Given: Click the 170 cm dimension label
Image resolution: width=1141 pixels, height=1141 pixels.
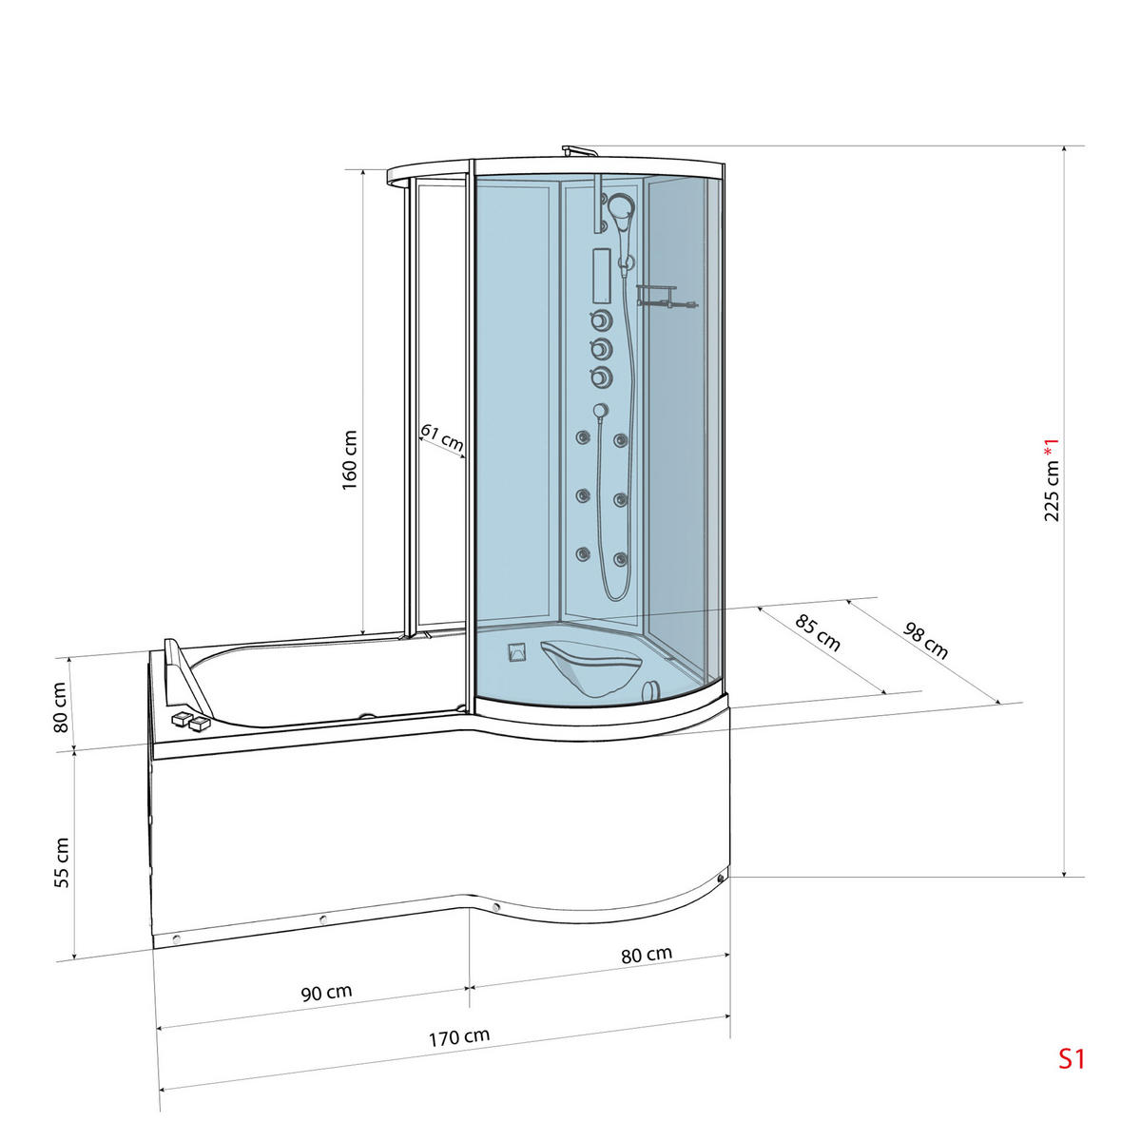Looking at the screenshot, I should (x=458, y=1036).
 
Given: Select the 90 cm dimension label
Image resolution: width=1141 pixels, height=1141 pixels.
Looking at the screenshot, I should (x=326, y=993).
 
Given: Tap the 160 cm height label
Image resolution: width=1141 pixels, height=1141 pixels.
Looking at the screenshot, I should (x=350, y=459).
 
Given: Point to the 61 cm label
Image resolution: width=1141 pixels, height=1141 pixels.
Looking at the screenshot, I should (x=441, y=438).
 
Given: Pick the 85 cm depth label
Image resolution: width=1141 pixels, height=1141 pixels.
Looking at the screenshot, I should (x=818, y=633).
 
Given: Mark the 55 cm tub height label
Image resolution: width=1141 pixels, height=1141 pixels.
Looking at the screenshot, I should (x=62, y=861).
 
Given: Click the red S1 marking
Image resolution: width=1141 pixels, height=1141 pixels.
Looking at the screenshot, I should (x=1072, y=1058).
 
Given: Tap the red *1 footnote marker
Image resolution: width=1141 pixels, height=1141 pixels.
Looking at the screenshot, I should (x=1051, y=446).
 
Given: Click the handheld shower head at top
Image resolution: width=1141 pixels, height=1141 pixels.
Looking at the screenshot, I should (x=620, y=211).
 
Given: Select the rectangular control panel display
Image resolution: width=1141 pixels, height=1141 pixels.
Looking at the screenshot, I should (x=600, y=274).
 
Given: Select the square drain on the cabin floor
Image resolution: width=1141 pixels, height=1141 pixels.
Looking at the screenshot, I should (x=517, y=653).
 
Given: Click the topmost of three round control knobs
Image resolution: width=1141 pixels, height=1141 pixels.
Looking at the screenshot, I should (x=600, y=319).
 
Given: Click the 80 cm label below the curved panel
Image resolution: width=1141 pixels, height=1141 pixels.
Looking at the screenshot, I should (x=647, y=955).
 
